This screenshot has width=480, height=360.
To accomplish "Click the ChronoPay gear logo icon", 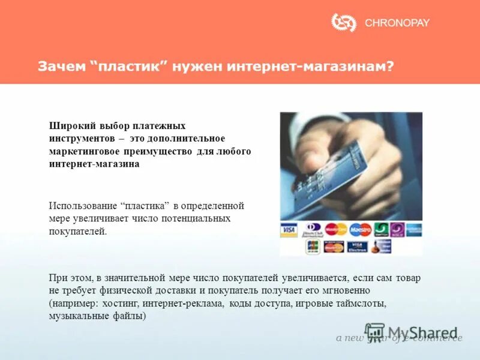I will [x=344, y=23].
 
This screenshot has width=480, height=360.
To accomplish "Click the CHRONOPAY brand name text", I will [x=397, y=23].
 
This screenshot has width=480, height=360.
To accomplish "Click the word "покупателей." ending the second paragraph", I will [x=77, y=231].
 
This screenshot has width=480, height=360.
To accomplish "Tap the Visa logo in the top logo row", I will [x=289, y=229].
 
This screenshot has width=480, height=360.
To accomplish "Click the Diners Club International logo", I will [x=312, y=230].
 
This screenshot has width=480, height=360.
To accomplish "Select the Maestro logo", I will [x=361, y=229].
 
